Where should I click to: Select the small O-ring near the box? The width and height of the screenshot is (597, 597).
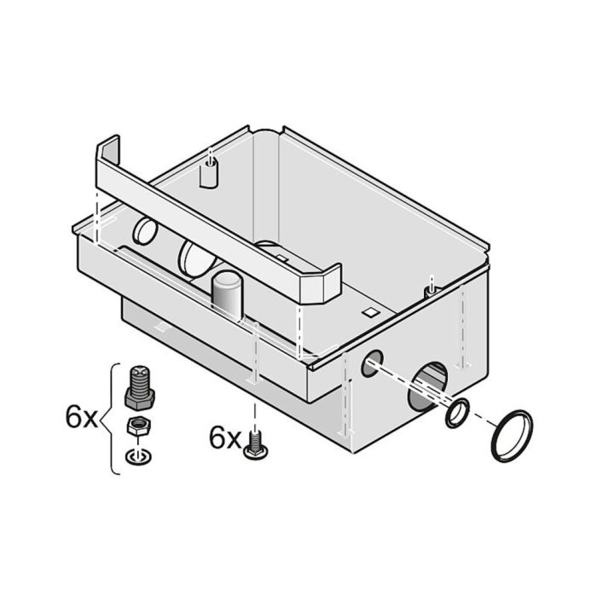[x=458, y=413]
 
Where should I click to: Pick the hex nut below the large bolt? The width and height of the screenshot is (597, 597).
[x=137, y=427]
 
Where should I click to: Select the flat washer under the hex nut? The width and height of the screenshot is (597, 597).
[x=136, y=455]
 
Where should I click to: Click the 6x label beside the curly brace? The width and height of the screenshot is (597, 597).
[x=81, y=418]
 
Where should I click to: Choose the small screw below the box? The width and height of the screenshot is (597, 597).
[x=254, y=446]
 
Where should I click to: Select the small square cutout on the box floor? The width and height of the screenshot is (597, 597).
[x=368, y=313]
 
